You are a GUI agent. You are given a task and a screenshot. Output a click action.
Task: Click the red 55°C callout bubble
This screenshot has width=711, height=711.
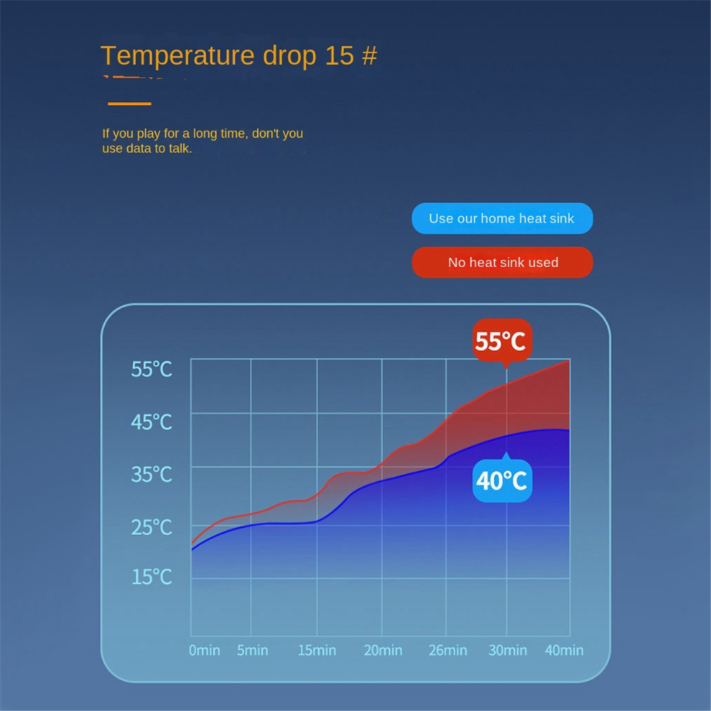[x=502, y=340]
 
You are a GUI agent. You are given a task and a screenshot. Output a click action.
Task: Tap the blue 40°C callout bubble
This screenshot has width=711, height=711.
[x=502, y=480]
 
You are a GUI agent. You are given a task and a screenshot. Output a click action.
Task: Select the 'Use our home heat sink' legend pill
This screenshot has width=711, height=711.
[x=502, y=218]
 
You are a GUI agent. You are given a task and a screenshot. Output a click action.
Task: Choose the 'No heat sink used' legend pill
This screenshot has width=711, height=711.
[x=502, y=262]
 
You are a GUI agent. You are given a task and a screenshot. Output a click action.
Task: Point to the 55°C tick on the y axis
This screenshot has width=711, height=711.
[x=152, y=369]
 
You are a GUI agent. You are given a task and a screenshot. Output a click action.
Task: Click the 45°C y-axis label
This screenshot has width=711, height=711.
[x=152, y=422]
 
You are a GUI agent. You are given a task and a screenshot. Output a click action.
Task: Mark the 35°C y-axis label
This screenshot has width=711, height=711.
[x=152, y=475]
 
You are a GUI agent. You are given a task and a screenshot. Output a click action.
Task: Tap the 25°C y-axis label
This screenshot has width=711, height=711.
[x=152, y=527]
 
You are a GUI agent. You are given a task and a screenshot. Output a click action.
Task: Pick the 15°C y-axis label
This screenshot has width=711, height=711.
[x=152, y=577]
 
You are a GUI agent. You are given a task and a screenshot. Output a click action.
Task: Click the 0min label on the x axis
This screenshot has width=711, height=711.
[x=205, y=650]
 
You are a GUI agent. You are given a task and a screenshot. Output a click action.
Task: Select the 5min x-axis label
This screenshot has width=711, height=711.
[x=253, y=650]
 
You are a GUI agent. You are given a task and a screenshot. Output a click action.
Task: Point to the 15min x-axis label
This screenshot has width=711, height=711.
[x=317, y=650]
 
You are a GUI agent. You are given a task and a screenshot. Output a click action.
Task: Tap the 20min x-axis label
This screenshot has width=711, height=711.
[x=384, y=650]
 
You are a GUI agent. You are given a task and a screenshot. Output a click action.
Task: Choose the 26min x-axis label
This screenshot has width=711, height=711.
[x=448, y=650]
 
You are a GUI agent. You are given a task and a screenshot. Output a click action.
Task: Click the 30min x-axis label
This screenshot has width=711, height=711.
[x=508, y=650]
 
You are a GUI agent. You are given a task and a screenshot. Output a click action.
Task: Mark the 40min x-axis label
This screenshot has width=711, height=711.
[x=564, y=650]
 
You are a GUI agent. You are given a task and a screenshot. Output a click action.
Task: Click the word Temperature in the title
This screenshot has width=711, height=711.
[x=177, y=56]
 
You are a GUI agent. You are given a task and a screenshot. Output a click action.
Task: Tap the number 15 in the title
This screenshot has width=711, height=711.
[x=339, y=55]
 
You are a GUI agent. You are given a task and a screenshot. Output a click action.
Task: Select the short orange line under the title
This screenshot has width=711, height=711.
[x=129, y=104]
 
